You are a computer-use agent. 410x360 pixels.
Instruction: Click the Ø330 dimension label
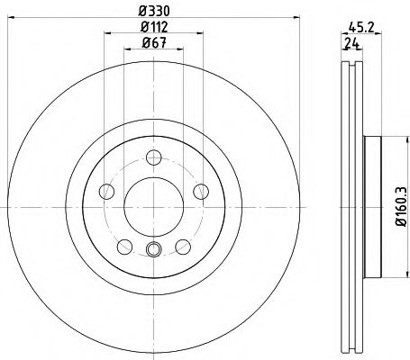(154, 11)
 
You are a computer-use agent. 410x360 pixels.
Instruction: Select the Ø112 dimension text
(154, 27)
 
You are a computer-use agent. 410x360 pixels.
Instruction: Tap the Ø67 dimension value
(154, 43)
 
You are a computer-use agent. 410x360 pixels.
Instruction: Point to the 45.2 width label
(361, 28)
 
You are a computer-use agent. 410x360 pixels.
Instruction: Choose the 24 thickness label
(352, 44)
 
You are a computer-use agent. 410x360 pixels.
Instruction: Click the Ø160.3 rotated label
(401, 206)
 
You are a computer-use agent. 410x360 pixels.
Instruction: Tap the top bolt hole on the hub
(154, 157)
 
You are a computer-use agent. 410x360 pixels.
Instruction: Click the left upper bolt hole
(106, 192)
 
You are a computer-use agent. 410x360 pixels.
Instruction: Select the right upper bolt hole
(201, 192)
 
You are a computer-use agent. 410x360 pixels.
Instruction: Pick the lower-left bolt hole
(124, 247)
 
